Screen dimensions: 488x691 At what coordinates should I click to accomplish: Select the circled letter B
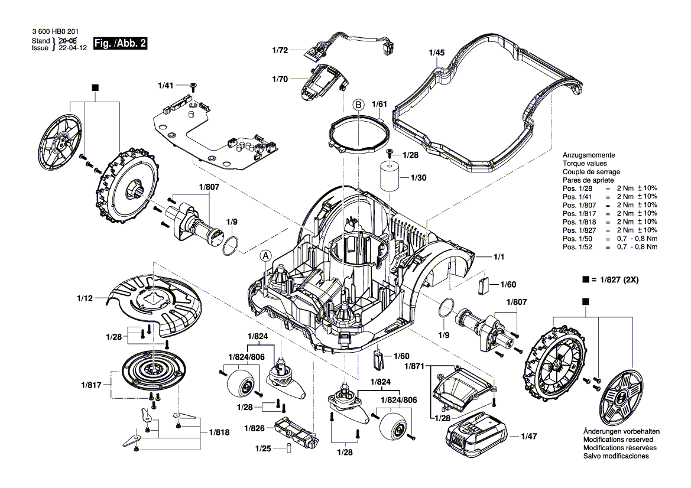point(358,105)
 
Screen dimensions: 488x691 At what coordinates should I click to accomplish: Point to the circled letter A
point(266,256)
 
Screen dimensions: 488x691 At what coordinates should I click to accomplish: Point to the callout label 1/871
point(414,367)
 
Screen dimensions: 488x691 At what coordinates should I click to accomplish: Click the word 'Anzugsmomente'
point(588,155)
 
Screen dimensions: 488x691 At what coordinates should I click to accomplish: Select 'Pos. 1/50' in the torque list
point(577,238)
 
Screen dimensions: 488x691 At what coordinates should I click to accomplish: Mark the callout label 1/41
point(167,86)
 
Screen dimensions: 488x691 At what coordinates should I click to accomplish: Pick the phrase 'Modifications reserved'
point(618,440)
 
